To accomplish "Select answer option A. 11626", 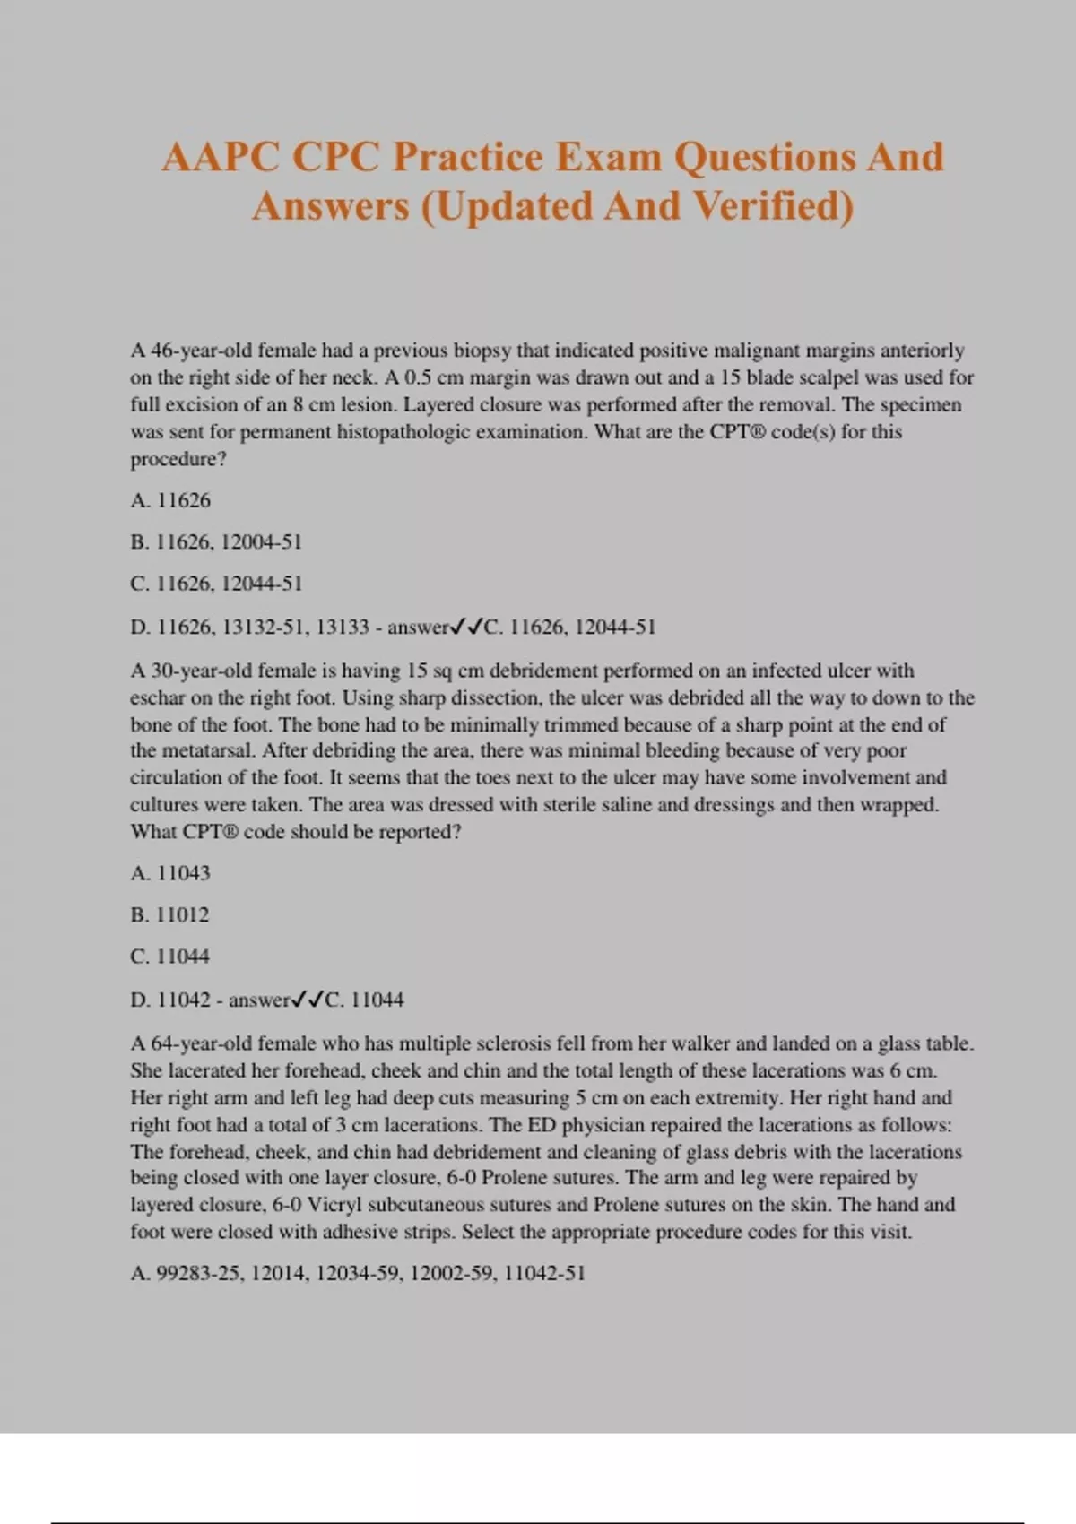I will pyautogui.click(x=170, y=500).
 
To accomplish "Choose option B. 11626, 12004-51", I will pyautogui.click(x=216, y=541).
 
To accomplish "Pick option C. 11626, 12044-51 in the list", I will pyautogui.click(x=216, y=584).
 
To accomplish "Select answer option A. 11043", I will pyautogui.click(x=170, y=873).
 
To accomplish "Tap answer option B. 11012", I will pyautogui.click(x=169, y=914).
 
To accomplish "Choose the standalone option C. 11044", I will pyautogui.click(x=169, y=957).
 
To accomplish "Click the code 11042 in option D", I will pyautogui.click(x=184, y=1000).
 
